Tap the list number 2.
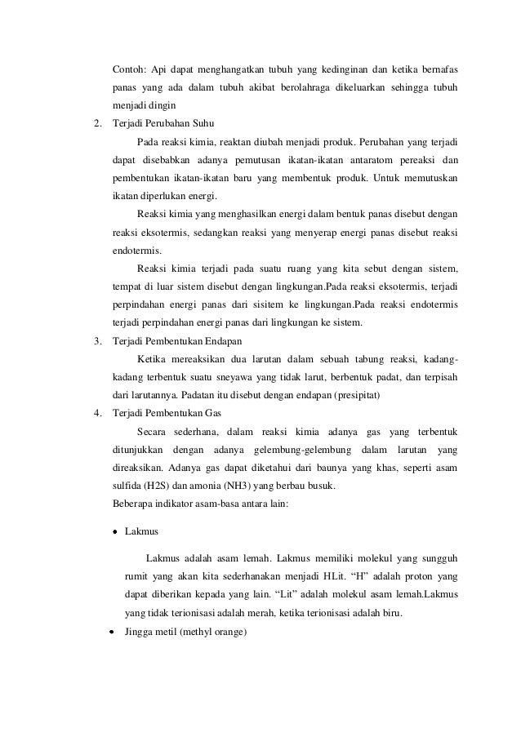tap(98, 124)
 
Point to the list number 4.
tap(98, 413)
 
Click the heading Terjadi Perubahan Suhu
tap(163, 124)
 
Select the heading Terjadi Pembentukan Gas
tap(167, 413)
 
